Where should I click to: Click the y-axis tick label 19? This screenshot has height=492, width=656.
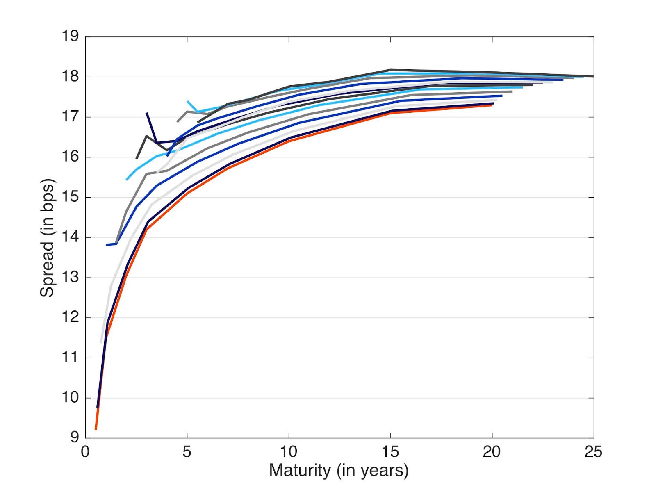click(70, 36)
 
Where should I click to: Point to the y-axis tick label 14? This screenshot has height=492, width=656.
click(70, 237)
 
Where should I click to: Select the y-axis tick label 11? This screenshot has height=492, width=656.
click(70, 357)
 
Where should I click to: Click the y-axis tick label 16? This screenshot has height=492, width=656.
click(70, 157)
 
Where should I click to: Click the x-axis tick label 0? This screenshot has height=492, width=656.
click(85, 452)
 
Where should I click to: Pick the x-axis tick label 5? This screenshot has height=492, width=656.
click(187, 452)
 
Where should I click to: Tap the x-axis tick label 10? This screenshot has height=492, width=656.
click(289, 452)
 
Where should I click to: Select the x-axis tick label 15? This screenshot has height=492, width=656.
click(390, 452)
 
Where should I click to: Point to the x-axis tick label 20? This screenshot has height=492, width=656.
click(492, 452)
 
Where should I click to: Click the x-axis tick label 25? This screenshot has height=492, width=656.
click(593, 452)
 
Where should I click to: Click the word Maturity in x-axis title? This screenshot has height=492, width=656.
click(300, 470)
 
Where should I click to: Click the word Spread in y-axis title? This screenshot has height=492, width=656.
click(47, 269)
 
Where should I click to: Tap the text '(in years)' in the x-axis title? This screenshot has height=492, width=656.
click(373, 470)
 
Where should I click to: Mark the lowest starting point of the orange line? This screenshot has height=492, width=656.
click(96, 429)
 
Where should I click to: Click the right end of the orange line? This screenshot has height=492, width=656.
click(492, 105)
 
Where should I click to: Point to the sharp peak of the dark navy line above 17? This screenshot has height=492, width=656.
click(147, 113)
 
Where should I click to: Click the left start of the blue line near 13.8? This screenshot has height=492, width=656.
click(107, 245)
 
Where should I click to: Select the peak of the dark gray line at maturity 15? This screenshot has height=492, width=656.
click(390, 70)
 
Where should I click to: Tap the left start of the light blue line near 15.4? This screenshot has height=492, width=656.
click(127, 180)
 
